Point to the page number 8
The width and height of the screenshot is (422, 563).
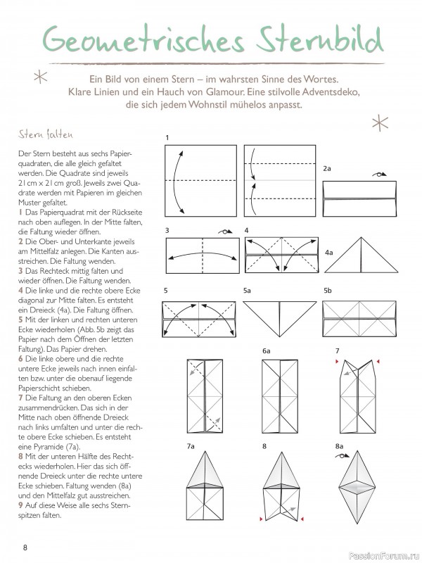(x=25, y=548)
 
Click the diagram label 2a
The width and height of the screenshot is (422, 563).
(x=327, y=169)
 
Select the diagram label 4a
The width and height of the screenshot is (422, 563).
(x=329, y=252)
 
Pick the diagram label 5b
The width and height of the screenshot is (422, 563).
(x=328, y=290)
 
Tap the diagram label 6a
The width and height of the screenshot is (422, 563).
(x=267, y=350)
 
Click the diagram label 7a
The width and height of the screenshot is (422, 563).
(x=191, y=446)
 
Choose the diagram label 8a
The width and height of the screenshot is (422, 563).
(x=339, y=446)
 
